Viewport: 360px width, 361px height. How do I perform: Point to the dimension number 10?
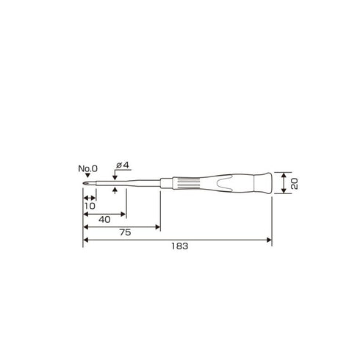click(x=90, y=207)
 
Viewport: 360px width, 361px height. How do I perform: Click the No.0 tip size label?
click(x=88, y=168)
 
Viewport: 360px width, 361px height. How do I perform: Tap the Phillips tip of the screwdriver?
click(x=85, y=185)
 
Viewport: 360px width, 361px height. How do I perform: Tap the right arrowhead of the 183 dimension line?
click(x=268, y=240)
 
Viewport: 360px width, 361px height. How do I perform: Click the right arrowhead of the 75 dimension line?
click(x=157, y=227)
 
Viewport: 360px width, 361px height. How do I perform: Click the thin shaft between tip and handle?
click(x=132, y=184)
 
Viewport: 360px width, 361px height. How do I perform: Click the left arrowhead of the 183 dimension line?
click(x=86, y=240)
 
